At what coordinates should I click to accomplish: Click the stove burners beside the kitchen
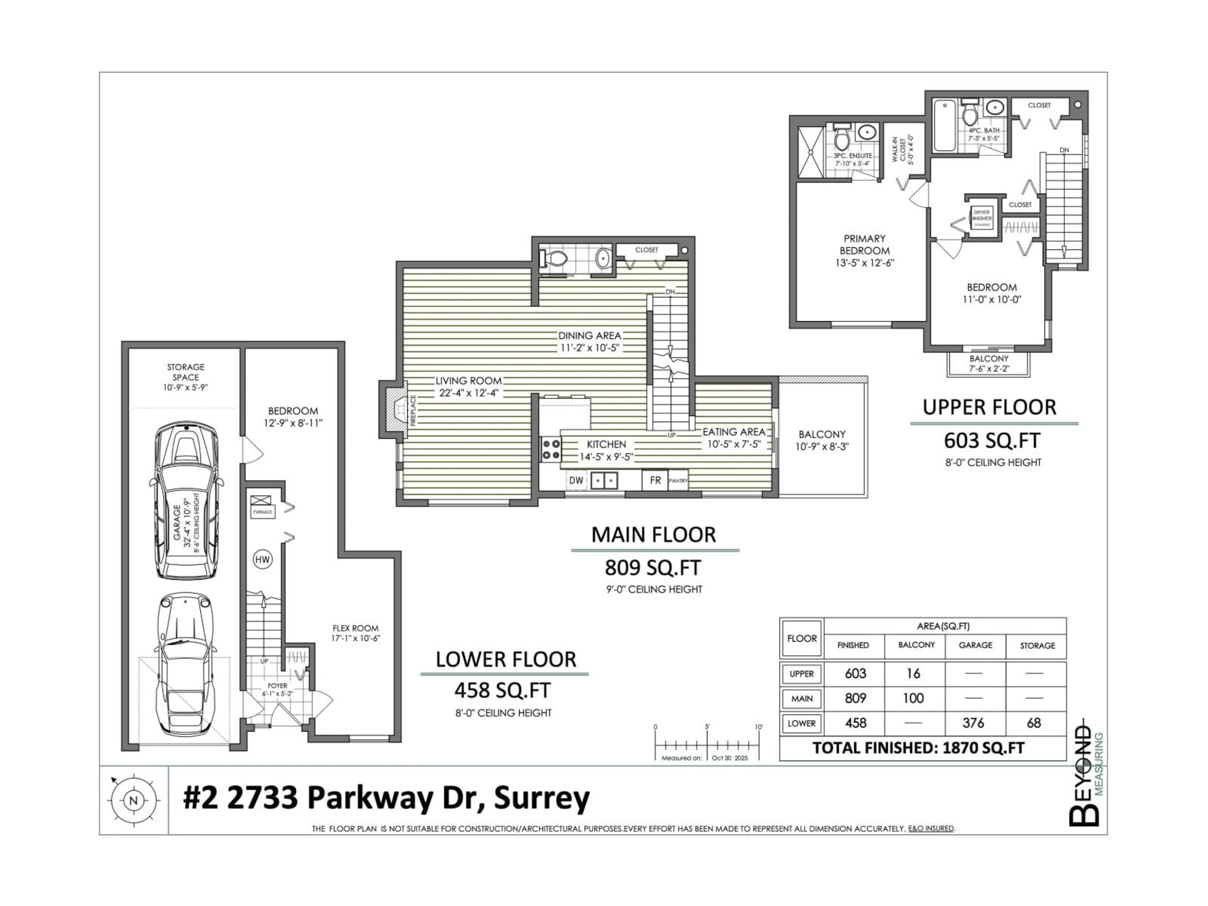pyautogui.click(x=551, y=449)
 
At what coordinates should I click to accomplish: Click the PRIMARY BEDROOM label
pyautogui.click(x=864, y=245)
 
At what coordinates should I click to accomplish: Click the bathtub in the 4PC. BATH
pyautogui.click(x=944, y=126)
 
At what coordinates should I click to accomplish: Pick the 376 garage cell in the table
pyautogui.click(x=974, y=723)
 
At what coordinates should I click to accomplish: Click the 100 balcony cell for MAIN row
pyautogui.click(x=913, y=698)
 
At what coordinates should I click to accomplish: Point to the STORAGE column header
pyautogui.click(x=1037, y=646)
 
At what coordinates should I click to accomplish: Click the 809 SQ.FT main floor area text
pyautogui.click(x=653, y=568)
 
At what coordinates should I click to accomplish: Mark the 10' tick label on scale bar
pyautogui.click(x=758, y=727)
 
